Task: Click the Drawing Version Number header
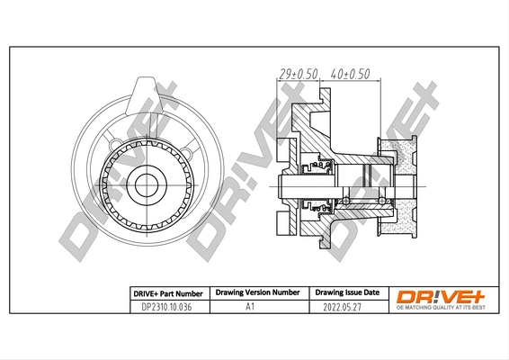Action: [x=256, y=293]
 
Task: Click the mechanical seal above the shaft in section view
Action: [x=322, y=165]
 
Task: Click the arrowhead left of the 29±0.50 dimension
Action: [x=276, y=79]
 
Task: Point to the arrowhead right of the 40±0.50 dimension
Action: [x=381, y=79]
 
